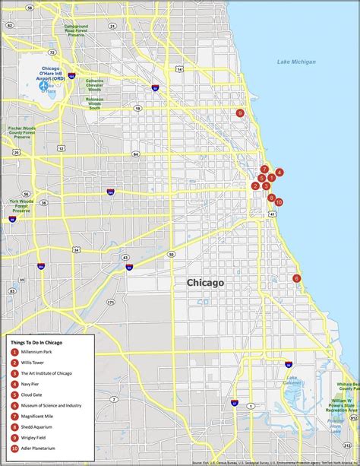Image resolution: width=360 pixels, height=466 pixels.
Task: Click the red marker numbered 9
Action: [x=240, y=113]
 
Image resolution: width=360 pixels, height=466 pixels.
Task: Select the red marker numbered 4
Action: [x=279, y=173]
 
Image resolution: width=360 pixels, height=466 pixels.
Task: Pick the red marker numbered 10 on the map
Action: [x=279, y=202]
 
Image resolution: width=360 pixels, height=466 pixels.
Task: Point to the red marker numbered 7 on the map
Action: [x=264, y=169]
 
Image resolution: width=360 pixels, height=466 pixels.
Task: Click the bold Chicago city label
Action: [x=205, y=283]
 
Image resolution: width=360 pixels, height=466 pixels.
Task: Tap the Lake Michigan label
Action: [x=296, y=62]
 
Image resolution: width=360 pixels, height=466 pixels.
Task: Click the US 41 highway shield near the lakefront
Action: [x=271, y=215]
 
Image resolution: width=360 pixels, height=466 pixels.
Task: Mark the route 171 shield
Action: [x=110, y=302]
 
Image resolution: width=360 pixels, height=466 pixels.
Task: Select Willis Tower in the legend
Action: [x=37, y=363]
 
